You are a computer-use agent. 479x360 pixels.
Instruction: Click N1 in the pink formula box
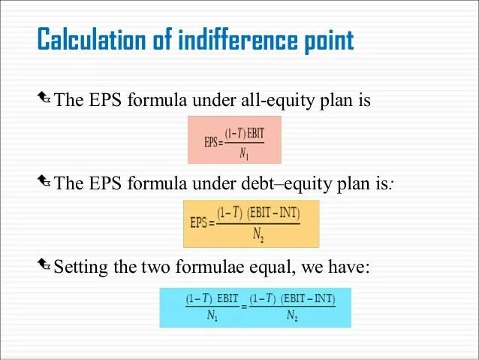click(x=245, y=156)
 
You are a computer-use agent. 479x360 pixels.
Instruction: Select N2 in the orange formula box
click(x=258, y=237)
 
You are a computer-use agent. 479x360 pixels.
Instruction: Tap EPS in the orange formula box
click(x=199, y=223)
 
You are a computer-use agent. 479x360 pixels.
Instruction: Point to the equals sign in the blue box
click(x=243, y=307)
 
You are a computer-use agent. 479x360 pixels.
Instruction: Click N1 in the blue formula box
click(x=212, y=316)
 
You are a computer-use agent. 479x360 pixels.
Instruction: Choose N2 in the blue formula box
click(x=292, y=316)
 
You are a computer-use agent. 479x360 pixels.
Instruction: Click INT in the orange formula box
click(x=286, y=213)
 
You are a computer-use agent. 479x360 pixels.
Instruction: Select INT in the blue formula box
click(x=324, y=299)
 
